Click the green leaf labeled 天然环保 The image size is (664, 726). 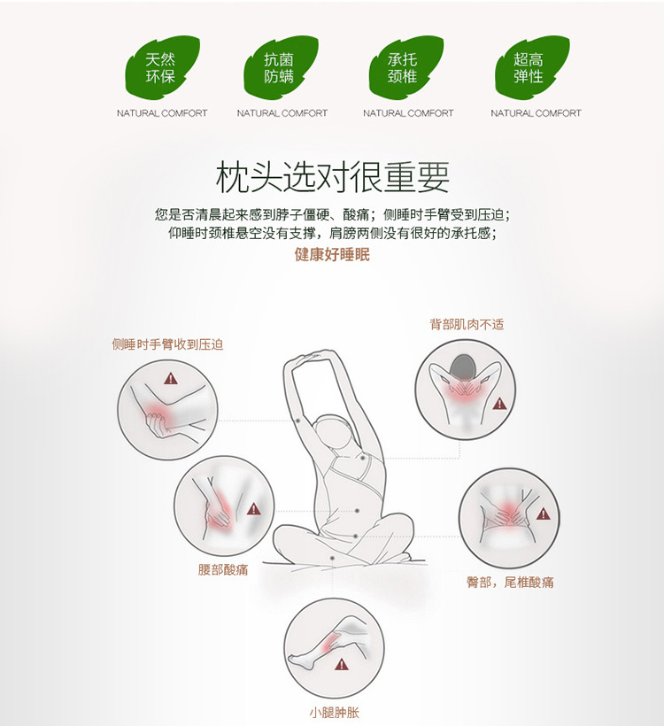161,67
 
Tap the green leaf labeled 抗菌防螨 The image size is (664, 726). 280,67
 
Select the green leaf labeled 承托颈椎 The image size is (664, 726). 405,67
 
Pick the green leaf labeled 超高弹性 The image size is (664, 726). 531,67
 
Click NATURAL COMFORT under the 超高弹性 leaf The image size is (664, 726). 536,113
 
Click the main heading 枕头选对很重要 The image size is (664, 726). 333,177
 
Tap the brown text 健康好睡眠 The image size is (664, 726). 332,254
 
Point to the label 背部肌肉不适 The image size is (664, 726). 467,324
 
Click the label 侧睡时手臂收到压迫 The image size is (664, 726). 167,344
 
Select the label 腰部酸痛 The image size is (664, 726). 223,569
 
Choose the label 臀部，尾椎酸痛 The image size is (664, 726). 510,582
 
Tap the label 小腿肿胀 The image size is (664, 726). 334,712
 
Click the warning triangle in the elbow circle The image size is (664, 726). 170,379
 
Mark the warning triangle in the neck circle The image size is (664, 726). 499,404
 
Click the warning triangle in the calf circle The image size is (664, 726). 341,665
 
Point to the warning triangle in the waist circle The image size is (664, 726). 253,509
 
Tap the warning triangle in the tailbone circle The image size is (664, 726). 543,513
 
